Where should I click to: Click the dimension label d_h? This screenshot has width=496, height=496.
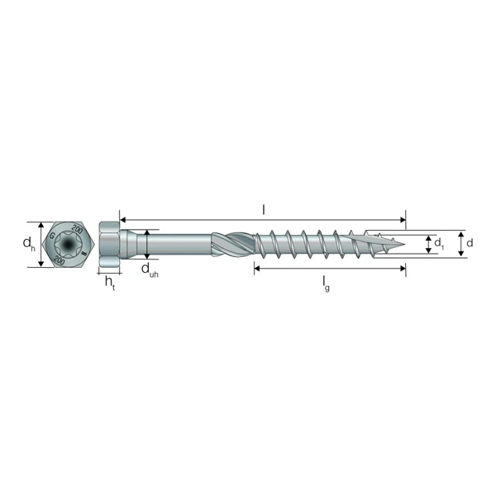point(28,244)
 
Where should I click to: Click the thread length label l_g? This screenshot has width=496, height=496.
point(327,283)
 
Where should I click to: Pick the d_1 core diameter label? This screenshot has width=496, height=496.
point(440,244)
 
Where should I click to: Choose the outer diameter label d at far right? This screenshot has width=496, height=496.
point(470,243)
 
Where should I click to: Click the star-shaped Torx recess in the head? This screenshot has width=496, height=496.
point(65,245)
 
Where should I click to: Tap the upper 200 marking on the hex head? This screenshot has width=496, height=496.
point(77,230)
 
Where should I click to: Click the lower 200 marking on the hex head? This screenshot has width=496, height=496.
point(60,260)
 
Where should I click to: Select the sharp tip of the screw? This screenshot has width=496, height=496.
point(403,244)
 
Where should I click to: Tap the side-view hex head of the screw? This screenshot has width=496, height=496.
point(109,245)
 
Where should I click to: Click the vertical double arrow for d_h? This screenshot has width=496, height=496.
point(40,244)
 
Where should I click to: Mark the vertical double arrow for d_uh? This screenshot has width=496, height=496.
point(145,244)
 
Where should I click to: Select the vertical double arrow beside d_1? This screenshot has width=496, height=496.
point(427,244)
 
